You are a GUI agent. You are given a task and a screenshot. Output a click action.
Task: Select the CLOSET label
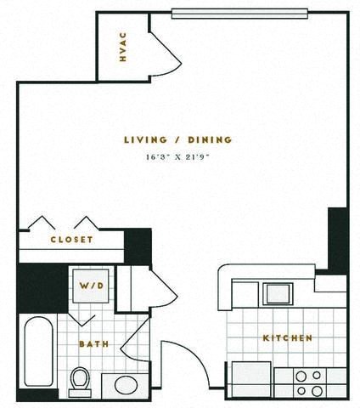click(72, 240)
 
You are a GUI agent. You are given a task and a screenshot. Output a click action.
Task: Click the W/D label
click(93, 286)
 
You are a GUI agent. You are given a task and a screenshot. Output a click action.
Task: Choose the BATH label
click(91, 343)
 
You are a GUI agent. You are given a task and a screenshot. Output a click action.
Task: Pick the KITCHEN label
click(287, 337)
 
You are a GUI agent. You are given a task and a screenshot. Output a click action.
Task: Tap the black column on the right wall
click(337, 239)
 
